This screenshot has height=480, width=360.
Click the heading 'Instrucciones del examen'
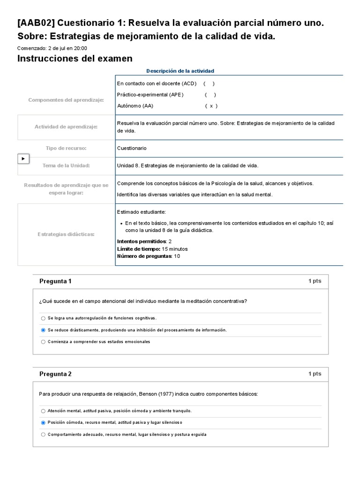[x=75, y=59]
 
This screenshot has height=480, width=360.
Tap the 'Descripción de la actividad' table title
[x=180, y=71]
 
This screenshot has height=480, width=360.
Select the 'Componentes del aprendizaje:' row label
[x=66, y=100]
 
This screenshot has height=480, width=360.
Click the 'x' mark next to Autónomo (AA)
[x=211, y=106]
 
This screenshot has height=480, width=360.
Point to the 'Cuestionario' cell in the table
[x=132, y=148]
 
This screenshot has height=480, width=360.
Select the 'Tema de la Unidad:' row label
[x=66, y=165]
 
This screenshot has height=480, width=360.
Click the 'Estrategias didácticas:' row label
[x=66, y=234]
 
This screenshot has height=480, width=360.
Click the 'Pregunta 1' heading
[x=55, y=281]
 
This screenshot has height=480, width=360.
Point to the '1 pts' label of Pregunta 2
[x=315, y=374]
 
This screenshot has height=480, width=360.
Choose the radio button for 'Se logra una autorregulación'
[x=43, y=318]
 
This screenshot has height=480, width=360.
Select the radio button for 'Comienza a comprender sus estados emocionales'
[x=43, y=342]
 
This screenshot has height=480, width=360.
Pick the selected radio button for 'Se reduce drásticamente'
[x=43, y=330]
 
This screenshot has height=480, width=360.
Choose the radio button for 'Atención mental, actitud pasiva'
[x=43, y=411]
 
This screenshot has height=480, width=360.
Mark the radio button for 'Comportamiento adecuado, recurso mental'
[x=43, y=435]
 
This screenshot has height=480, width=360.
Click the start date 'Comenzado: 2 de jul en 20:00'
[x=52, y=48]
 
